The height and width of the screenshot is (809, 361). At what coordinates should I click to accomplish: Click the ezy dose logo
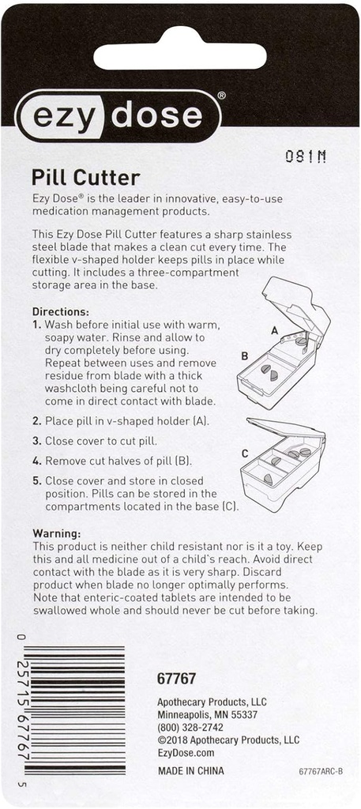click(118, 116)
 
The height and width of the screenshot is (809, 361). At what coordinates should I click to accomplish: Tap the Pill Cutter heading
click(85, 177)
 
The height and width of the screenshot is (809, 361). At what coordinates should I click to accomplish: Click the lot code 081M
click(305, 156)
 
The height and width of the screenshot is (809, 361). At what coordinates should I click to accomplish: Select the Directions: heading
click(60, 312)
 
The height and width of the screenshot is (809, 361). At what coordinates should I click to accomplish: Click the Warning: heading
click(56, 533)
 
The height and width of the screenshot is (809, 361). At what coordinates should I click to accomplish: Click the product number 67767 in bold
click(177, 679)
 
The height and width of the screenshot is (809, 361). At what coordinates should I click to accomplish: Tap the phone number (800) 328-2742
click(190, 728)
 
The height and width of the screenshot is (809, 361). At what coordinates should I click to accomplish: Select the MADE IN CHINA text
click(191, 771)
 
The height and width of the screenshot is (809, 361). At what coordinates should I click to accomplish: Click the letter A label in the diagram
click(274, 330)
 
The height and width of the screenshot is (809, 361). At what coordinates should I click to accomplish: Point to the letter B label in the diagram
click(245, 356)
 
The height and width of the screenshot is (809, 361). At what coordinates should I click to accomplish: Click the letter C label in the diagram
click(245, 453)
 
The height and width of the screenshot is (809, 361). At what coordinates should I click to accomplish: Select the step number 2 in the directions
click(36, 421)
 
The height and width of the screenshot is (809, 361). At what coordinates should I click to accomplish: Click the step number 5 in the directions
click(36, 480)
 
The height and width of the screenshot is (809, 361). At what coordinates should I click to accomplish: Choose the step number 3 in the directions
click(36, 441)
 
